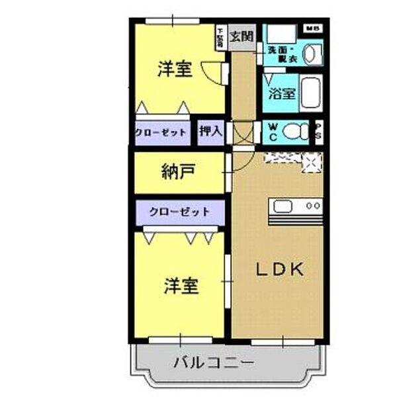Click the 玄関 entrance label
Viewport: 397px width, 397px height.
[x=241, y=37]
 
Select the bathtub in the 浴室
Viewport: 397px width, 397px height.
[x=311, y=93]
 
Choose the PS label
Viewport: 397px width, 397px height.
[x=318, y=131]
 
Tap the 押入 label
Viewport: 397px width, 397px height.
[x=211, y=132]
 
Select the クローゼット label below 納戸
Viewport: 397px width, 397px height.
[x=179, y=212]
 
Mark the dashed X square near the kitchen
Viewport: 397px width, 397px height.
[x=310, y=162]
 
